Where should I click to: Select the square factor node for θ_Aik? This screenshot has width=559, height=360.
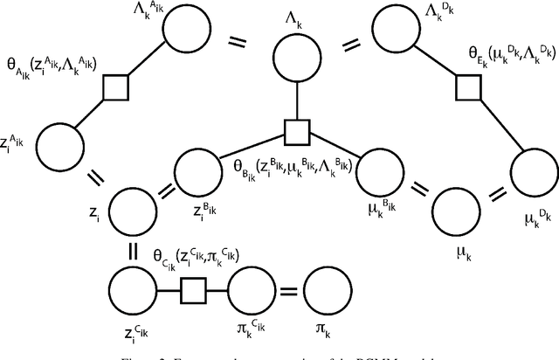115,87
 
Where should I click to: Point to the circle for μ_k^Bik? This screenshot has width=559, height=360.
379,170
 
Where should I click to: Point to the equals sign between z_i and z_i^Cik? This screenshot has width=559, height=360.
134,249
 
